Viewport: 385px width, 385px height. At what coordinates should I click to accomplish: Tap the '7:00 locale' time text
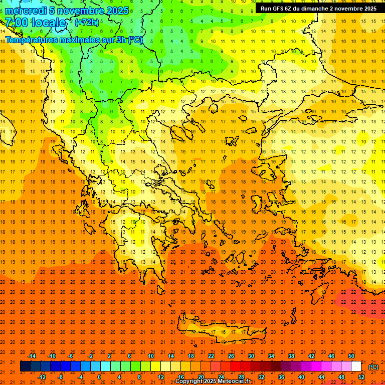point(35,23)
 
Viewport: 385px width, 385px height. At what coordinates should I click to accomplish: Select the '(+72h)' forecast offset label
point(87,23)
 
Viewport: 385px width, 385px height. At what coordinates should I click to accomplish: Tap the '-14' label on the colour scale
point(32,356)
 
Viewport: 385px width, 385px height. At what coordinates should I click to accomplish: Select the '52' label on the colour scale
point(361,377)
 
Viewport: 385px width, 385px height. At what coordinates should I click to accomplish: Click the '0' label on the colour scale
point(99,377)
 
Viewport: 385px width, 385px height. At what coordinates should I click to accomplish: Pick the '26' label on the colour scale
point(231,356)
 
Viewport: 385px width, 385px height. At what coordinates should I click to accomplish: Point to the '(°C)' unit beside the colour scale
point(373,367)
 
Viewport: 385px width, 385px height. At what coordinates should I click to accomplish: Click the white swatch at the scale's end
point(356,366)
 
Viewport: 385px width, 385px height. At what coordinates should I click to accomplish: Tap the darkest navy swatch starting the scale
point(26,366)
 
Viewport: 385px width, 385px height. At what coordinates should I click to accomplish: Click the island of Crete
point(216,332)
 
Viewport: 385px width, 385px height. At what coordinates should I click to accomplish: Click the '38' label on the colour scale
point(291,356)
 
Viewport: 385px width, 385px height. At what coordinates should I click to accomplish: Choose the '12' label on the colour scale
point(161,377)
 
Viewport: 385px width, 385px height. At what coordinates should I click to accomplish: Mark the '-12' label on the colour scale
point(42,377)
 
